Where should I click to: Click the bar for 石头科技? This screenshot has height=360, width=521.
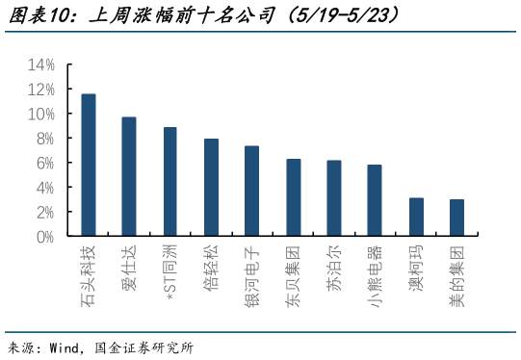tap(88, 165)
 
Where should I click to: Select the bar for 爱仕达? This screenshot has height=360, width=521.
tap(129, 177)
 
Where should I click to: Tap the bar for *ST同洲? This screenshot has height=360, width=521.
tap(169, 182)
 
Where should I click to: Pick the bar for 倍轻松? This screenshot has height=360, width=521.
tap(211, 188)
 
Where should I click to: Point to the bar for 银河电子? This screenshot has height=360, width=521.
tap(251, 192)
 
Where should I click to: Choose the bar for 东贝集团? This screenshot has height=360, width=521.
tap(293, 197)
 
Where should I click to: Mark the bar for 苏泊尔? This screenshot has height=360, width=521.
tap(333, 198)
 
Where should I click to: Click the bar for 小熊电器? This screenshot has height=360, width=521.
tap(375, 200)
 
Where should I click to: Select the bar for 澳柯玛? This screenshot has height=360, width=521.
tap(416, 217)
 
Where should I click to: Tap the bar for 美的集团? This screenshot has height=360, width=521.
tap(456, 218)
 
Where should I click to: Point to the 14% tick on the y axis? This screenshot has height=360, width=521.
tap(41, 64)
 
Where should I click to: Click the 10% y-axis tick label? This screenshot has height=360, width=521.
tap(41, 114)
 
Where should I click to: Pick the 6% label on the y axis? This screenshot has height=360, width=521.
tap(45, 163)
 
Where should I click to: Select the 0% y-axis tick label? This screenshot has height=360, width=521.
tap(45, 236)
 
